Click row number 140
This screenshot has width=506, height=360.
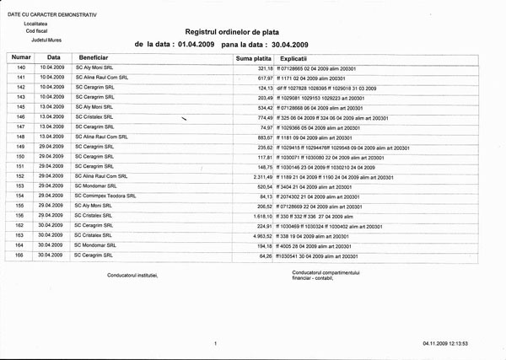(x=22, y=67)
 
